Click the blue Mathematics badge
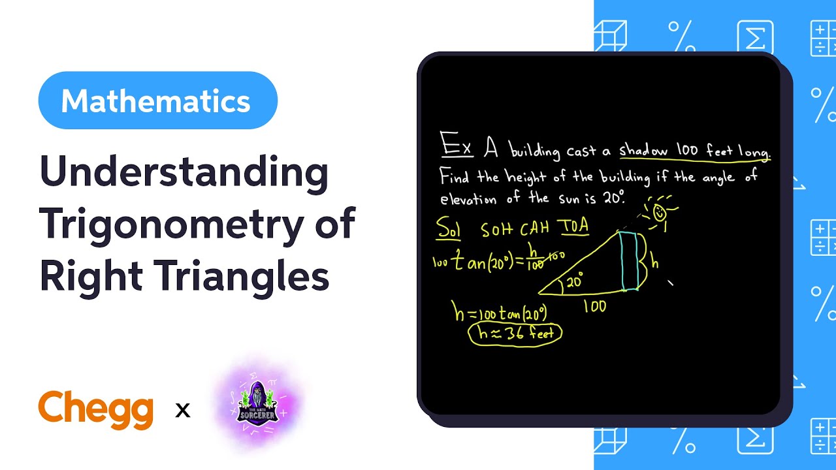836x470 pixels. (157, 101)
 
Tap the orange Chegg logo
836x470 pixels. (96, 409)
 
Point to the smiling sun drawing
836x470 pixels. (658, 213)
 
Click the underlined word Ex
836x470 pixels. (456, 144)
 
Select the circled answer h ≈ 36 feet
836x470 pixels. (515, 334)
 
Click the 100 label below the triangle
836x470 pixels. (594, 305)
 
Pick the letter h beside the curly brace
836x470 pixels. (655, 262)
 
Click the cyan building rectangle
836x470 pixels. (629, 260)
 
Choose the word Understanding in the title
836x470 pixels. (184, 172)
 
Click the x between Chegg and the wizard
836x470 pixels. (183, 411)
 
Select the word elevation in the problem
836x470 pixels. (468, 199)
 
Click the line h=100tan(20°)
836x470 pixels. (500, 313)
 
